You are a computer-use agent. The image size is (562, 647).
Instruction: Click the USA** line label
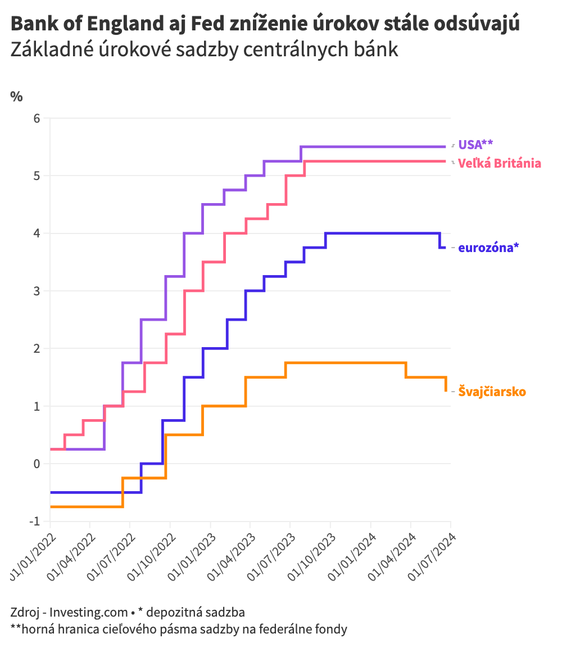click(475, 145)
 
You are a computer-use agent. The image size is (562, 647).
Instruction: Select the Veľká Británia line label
click(500, 163)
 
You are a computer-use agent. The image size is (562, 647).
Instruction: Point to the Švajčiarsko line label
click(492, 391)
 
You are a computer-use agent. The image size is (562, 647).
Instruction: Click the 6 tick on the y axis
click(37, 118)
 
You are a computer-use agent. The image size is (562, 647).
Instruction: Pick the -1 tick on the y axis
click(35, 522)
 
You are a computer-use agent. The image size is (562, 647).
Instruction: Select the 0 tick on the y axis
click(37, 464)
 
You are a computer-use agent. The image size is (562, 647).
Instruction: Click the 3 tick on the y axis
click(37, 291)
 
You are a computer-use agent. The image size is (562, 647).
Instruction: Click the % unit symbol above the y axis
click(17, 96)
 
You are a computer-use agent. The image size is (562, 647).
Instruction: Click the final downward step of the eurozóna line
click(441, 241)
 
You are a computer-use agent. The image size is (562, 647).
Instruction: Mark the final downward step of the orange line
click(446, 384)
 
